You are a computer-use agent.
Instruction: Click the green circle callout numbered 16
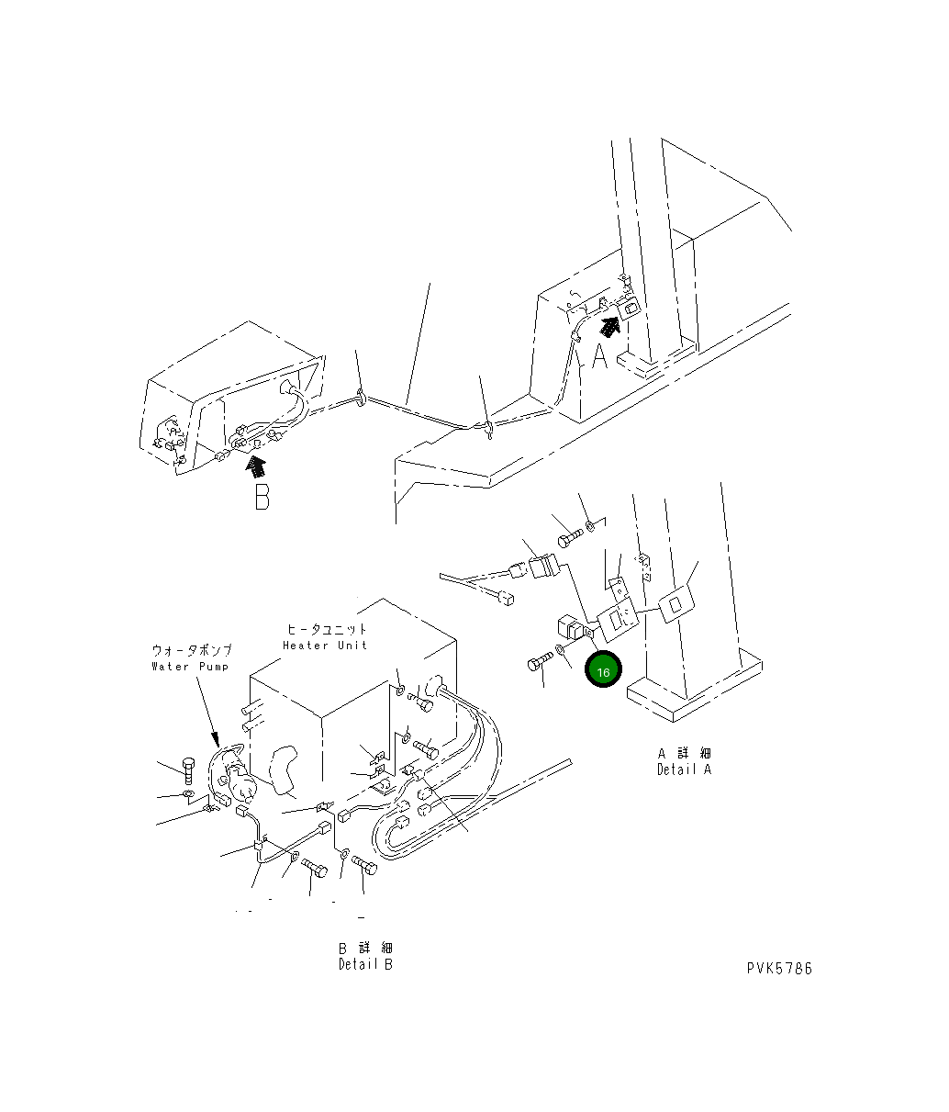tap(603, 672)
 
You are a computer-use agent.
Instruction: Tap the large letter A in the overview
tap(599, 356)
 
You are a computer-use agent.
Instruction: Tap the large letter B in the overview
tap(262, 497)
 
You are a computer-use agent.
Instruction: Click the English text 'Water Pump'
tap(190, 666)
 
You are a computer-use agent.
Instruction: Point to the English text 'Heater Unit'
tap(325, 645)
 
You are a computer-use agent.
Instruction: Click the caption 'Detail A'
tap(684, 769)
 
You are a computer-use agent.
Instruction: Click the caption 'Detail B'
tap(364, 964)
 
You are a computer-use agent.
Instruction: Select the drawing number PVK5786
tap(778, 968)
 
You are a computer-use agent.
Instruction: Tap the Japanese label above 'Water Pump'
tap(191, 649)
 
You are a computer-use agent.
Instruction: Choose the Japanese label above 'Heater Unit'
tap(327, 629)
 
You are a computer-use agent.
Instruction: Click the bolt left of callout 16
tap(539, 663)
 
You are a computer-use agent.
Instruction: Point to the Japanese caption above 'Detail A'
tap(684, 753)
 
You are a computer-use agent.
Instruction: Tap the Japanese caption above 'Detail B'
tap(364, 948)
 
